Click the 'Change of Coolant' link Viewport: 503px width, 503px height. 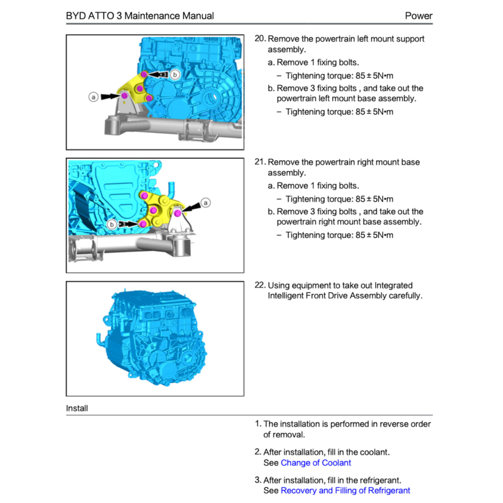click(316, 463)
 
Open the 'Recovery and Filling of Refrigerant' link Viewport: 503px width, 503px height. click(345, 490)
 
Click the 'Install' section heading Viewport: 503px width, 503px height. click(77, 408)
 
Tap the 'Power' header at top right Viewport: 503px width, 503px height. click(419, 16)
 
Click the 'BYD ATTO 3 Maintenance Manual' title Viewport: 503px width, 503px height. click(140, 16)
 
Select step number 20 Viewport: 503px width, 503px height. click(260, 39)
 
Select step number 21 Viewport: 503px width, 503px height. click(260, 162)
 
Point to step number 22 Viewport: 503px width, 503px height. click(260, 285)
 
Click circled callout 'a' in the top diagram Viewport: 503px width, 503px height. click(93, 97)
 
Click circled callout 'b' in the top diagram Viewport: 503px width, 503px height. click(175, 74)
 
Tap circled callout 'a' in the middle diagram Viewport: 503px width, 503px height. click(206, 202)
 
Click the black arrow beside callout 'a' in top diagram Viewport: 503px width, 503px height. click(110, 97)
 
